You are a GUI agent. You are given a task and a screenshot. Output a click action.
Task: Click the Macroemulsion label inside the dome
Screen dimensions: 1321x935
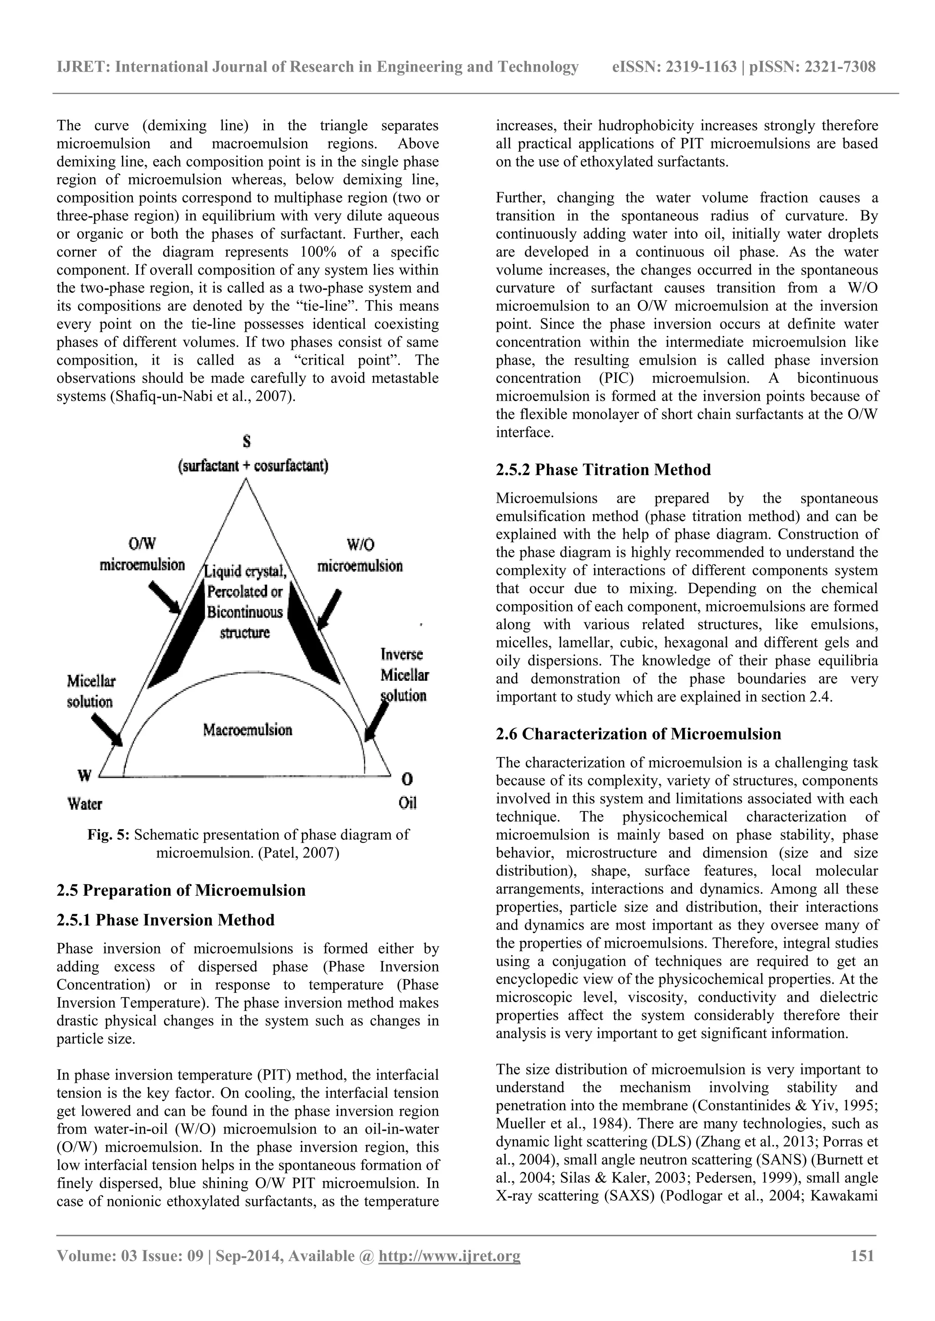pos(247,730)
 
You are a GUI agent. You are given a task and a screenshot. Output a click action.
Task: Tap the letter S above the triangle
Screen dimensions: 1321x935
pos(247,441)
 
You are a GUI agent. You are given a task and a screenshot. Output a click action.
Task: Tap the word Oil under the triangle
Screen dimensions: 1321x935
pos(407,803)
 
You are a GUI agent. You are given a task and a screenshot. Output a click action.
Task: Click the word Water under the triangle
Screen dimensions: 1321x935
pos(84,803)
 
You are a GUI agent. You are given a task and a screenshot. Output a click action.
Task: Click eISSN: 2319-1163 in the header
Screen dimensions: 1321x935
pos(674,68)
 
